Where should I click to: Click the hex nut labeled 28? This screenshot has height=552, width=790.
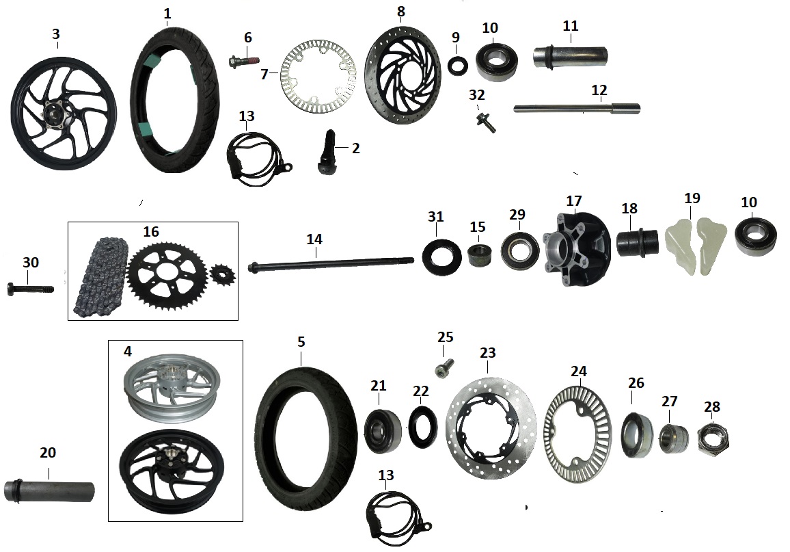[x=713, y=438]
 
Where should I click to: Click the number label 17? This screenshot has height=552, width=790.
[x=573, y=202]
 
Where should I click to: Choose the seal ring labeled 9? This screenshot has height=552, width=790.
[x=457, y=66]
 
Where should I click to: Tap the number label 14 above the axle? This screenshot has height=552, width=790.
[x=314, y=239]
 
